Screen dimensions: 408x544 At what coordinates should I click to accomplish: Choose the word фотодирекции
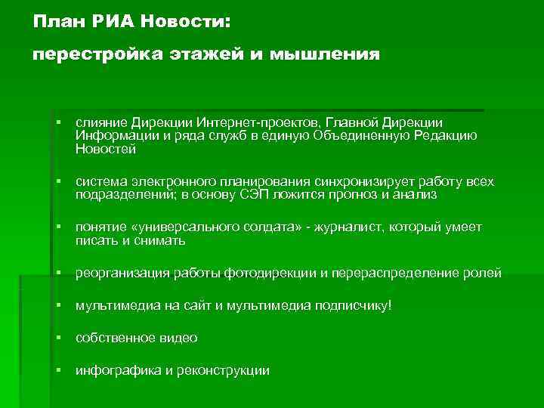pos(270,273)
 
